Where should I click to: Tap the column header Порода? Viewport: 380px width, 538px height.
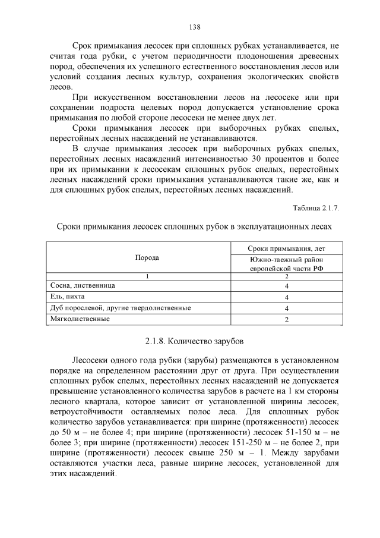pos(147,258)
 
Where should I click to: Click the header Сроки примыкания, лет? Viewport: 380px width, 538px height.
pos(286,248)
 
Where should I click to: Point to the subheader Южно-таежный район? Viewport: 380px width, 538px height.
pos(286,259)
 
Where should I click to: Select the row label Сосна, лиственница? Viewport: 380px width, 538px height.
pos(83,285)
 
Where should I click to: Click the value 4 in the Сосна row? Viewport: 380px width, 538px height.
pos(286,286)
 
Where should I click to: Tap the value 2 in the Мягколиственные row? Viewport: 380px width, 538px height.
pos(286,319)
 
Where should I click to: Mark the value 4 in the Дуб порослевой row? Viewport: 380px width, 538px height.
pos(286,308)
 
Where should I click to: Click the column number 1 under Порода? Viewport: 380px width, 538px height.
pos(147,276)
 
